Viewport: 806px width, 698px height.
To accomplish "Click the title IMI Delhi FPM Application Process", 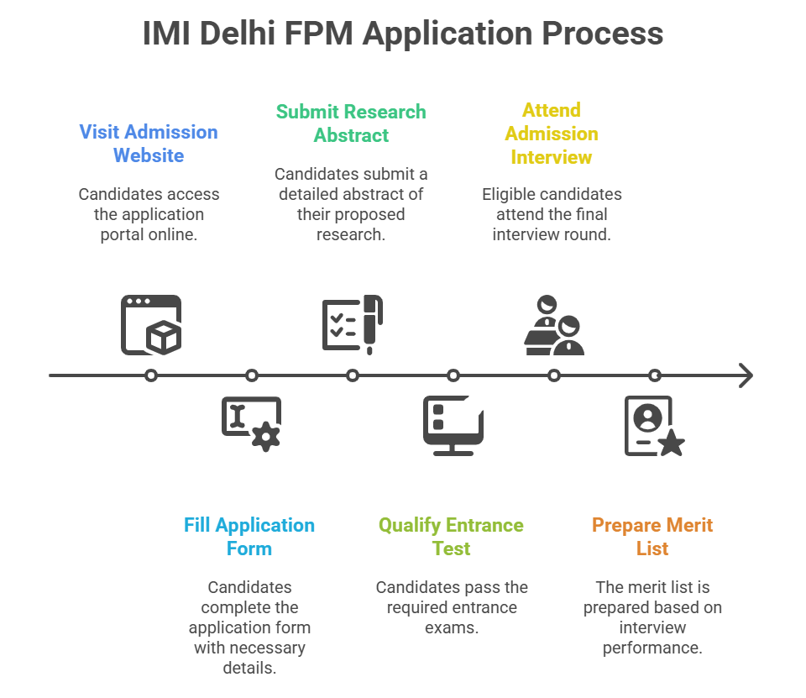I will click(x=402, y=34).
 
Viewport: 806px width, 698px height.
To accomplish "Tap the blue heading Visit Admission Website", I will click(x=149, y=144).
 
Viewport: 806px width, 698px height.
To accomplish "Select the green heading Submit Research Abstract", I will click(x=351, y=123).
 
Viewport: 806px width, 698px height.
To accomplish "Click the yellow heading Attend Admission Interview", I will click(x=552, y=134).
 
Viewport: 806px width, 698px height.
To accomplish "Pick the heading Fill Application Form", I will click(x=249, y=537).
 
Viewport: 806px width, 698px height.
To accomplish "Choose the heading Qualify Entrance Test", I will click(x=451, y=537).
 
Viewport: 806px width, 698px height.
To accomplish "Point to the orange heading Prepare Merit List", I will click(x=652, y=537).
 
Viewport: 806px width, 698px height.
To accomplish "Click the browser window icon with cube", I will click(x=151, y=324).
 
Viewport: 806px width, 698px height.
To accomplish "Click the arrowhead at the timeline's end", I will click(x=746, y=375).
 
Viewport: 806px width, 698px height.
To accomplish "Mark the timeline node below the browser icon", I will click(x=151, y=375).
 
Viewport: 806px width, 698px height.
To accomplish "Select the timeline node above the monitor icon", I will click(x=453, y=375).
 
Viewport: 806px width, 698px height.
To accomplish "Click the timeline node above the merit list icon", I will click(x=655, y=375).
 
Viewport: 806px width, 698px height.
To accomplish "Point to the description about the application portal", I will click(x=149, y=214).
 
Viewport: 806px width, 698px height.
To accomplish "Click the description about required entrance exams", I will click(x=452, y=607).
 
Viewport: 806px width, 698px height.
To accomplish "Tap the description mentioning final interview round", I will click(x=552, y=214).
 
